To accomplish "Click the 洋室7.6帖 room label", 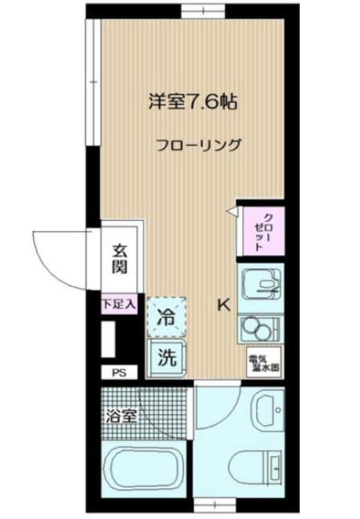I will click(x=192, y=103).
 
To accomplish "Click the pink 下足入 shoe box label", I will click(x=120, y=305).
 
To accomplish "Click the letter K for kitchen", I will click(x=224, y=305).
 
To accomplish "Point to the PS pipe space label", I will click(x=119, y=372).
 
